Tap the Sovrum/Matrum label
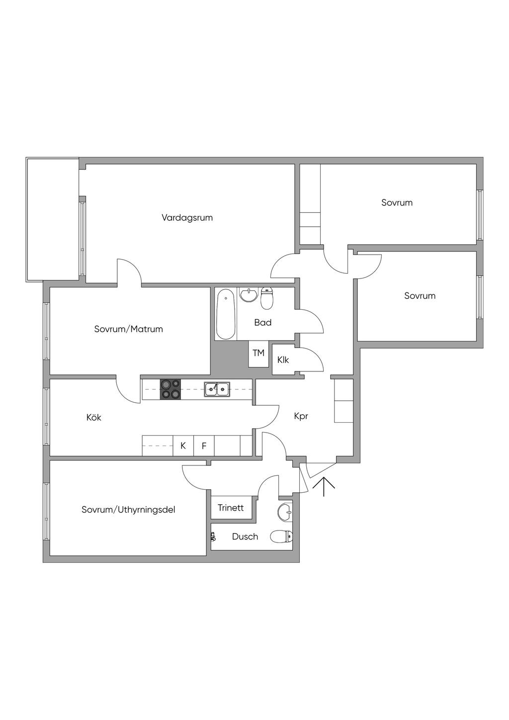128,329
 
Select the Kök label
93,418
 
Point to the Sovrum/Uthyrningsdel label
128,510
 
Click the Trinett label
231,508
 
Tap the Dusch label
245,537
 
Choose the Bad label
262,323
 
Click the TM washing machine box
258,354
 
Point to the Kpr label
301,416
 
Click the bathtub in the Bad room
226,313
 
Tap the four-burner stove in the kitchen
170,389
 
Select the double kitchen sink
217,389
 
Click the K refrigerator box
183,446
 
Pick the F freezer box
204,446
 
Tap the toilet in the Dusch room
281,537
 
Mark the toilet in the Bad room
267,298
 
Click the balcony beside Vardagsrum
52,219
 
